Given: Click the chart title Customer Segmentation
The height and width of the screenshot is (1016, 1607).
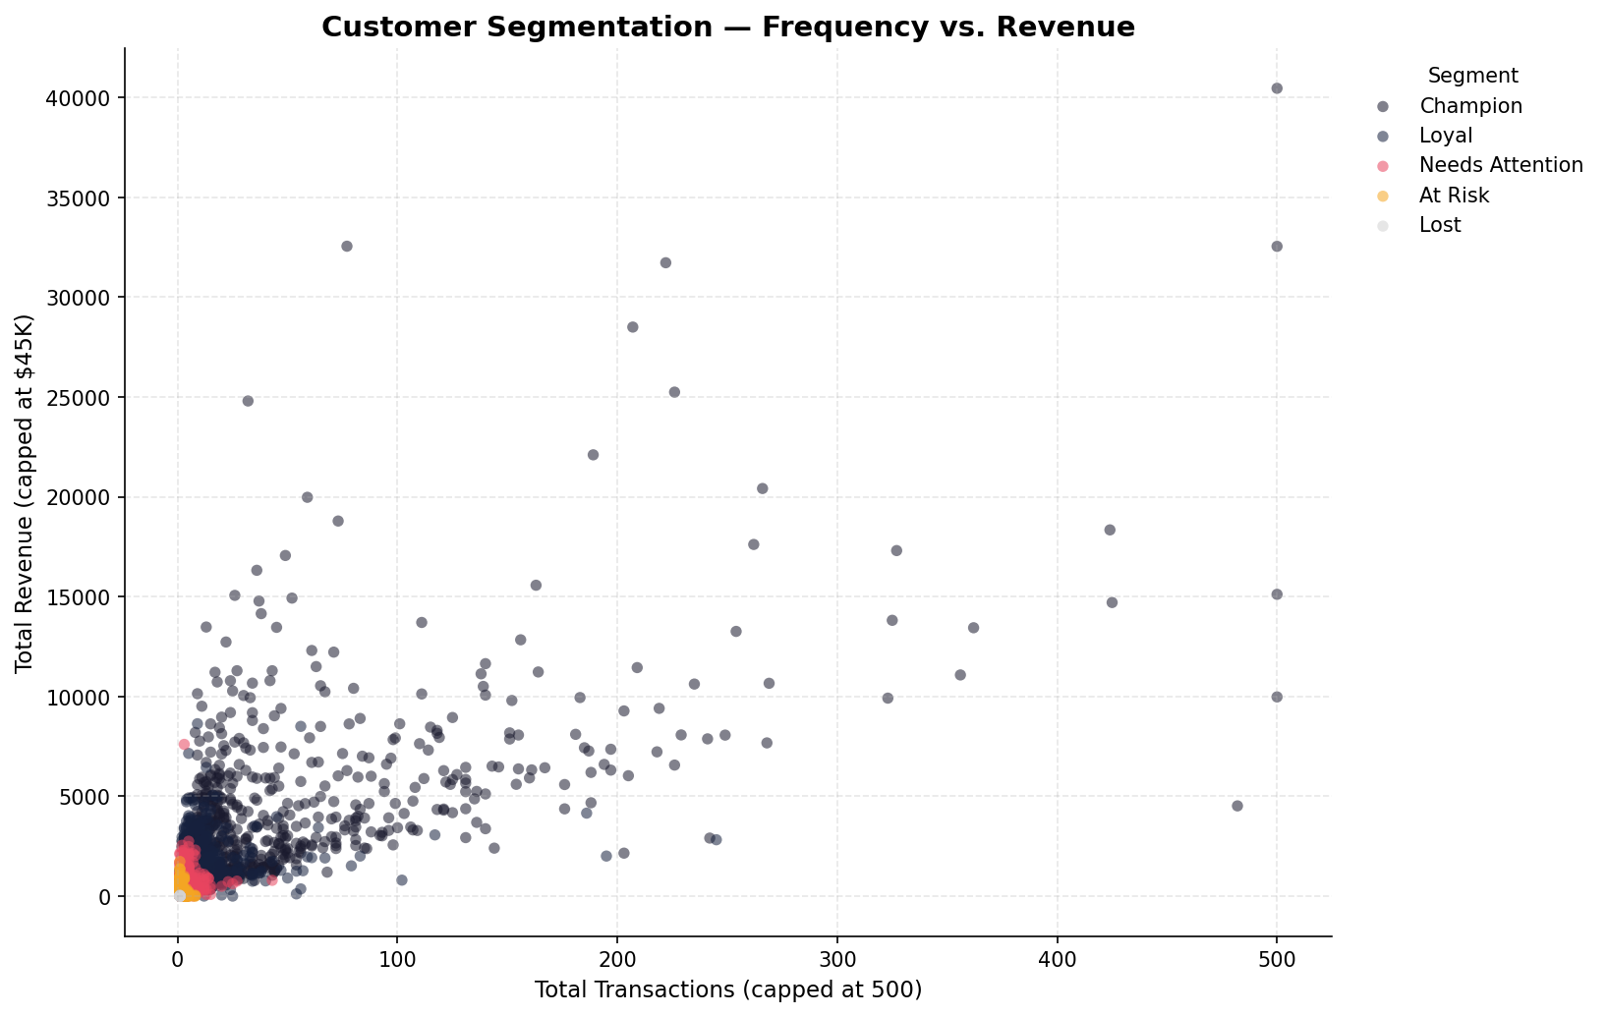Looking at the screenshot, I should click(727, 28).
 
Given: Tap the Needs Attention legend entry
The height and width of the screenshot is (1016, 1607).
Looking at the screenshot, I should click(1501, 165).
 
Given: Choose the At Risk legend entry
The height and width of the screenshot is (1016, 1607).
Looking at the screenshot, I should click(1454, 196).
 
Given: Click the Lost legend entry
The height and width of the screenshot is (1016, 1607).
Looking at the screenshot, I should click(1439, 225).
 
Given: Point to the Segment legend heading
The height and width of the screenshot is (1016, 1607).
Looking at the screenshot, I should click(1472, 76).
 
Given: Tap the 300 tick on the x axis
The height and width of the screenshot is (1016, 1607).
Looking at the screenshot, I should click(837, 959).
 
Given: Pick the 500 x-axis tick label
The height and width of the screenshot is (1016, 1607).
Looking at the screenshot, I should click(1277, 959).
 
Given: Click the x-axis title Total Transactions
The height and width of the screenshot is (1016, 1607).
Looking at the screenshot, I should click(727, 989).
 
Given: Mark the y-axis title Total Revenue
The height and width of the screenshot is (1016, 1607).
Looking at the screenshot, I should click(25, 494).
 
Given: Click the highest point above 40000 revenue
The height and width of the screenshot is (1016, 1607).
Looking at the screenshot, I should click(1277, 88).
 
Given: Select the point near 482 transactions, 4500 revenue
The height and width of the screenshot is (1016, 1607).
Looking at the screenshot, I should click(1237, 806).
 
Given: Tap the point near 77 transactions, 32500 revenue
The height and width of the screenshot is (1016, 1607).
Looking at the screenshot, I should click(347, 247).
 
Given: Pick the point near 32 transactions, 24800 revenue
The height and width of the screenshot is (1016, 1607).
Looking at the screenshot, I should click(248, 401).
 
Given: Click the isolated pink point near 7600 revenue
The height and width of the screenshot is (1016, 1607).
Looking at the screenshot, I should click(184, 745).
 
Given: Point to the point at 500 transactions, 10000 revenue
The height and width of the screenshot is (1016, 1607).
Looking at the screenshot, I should click(1277, 697).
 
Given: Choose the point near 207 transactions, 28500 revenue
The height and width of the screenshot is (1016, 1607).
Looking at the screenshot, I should click(633, 327).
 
